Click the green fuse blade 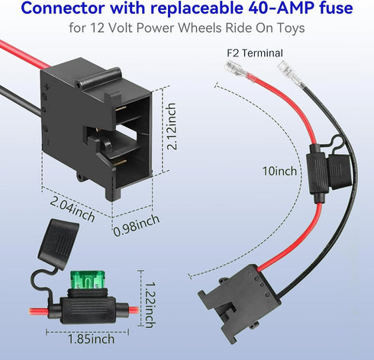[x=87, y=280]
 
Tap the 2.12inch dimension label [x=171, y=126]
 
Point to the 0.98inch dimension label [x=136, y=225]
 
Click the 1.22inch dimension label [x=150, y=304]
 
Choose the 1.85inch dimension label [x=91, y=339]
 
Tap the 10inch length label [x=279, y=171]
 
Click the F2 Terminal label [x=255, y=53]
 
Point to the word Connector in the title [x=63, y=8]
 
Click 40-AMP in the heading [x=278, y=8]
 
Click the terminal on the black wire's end [x=292, y=74]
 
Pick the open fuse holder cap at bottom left [x=59, y=240]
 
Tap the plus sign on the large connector [x=47, y=87]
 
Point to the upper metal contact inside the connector [x=121, y=108]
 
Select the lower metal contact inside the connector [x=120, y=162]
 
